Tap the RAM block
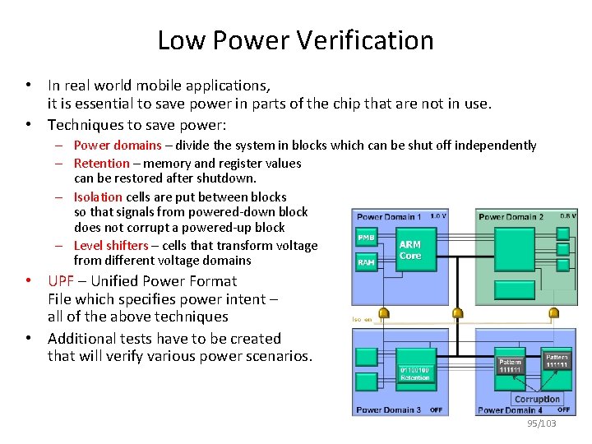[x=366, y=263]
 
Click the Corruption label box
[x=536, y=399]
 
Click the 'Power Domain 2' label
[x=511, y=217]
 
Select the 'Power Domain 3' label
[x=388, y=409]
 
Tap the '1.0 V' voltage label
[x=438, y=216]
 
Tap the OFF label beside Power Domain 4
[x=563, y=409]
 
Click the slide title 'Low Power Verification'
[x=295, y=39]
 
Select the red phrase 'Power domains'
[x=118, y=146]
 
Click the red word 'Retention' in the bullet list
[x=103, y=163]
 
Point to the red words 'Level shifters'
[x=111, y=245]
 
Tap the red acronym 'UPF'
[x=61, y=280]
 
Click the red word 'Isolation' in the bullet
[x=98, y=197]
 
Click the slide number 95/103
[x=542, y=423]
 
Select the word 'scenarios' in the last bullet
[x=278, y=356]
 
